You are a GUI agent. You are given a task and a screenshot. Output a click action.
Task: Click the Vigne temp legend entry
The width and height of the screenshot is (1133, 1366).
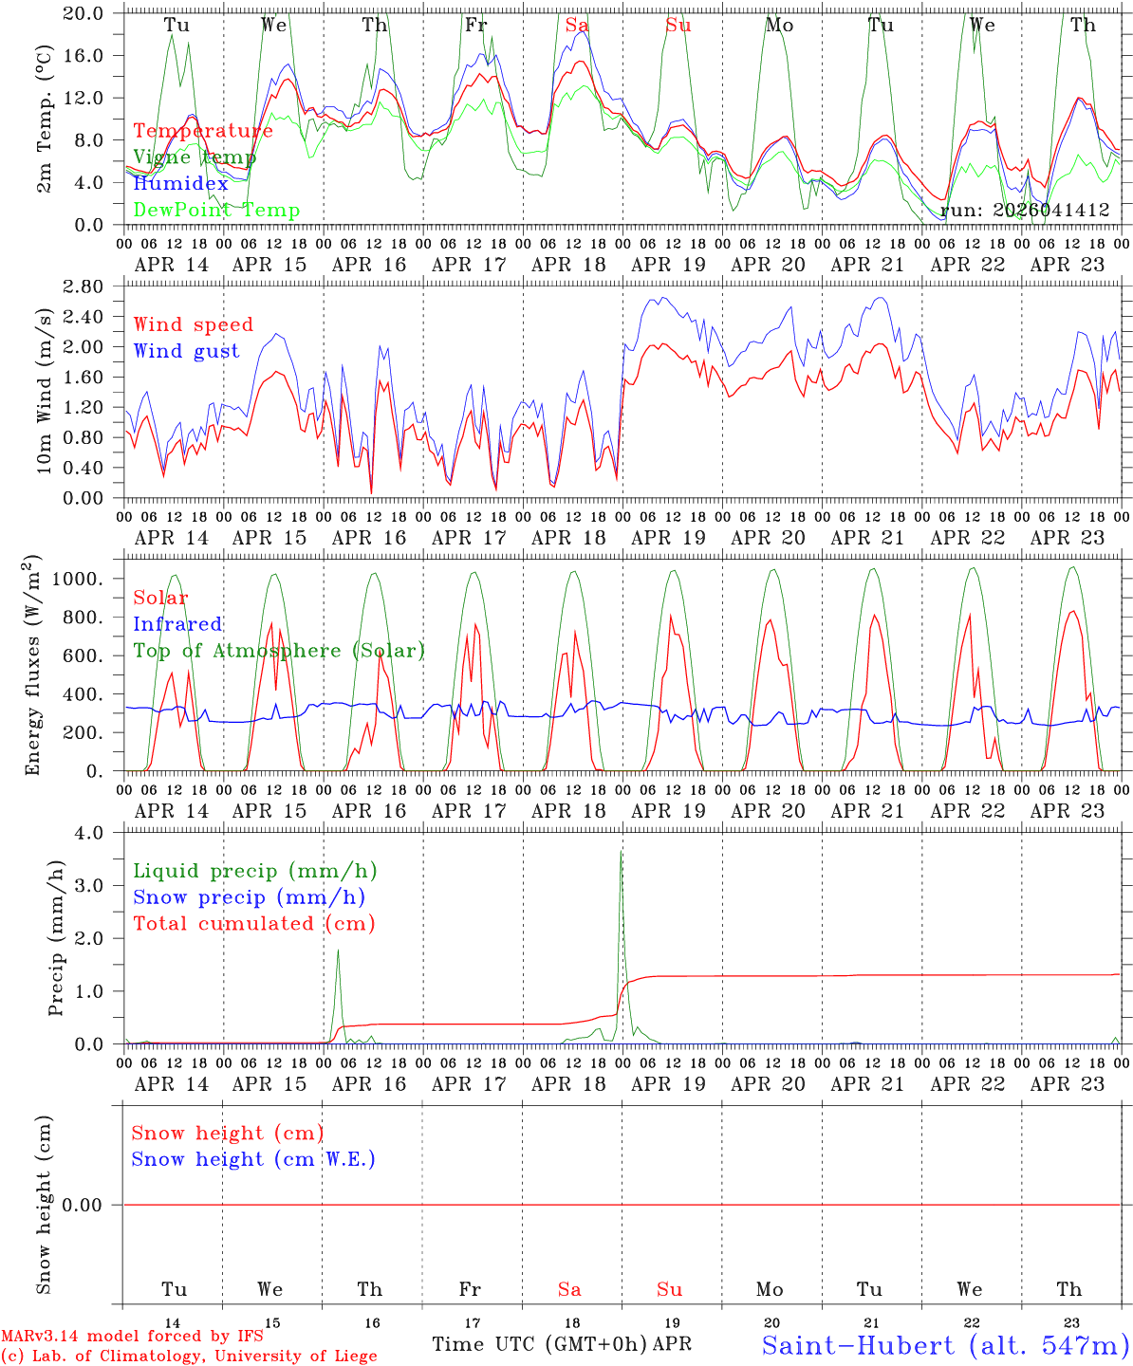pos(195,157)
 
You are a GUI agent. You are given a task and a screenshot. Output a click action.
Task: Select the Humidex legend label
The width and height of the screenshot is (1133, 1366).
pos(180,184)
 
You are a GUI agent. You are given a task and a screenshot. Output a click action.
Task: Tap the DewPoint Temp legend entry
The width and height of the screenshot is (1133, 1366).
pos(216,211)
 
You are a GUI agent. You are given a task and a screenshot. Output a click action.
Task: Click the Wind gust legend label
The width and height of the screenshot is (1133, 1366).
pos(186,351)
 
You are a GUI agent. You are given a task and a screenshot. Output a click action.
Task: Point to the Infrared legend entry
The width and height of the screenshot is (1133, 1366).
pos(177,624)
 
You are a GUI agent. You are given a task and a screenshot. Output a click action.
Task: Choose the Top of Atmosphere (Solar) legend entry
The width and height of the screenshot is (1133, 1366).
pos(279,651)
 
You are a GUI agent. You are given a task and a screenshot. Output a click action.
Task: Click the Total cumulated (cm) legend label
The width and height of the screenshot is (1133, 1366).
pos(253,924)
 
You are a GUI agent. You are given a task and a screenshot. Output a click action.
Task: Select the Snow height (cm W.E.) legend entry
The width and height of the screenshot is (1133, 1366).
pos(253,1159)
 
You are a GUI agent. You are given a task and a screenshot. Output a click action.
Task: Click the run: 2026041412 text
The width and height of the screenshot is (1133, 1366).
pos(1025,211)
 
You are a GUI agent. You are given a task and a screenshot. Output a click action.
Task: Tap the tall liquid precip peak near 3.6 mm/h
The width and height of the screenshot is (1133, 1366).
pos(622,852)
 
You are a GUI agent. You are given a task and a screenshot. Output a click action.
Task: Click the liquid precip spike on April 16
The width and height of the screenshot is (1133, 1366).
pos(338,951)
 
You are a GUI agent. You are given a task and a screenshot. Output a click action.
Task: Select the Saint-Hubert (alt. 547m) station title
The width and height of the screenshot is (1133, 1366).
pos(945,1345)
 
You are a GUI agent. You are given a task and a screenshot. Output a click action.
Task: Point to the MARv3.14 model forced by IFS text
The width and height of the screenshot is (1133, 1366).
pos(132,1337)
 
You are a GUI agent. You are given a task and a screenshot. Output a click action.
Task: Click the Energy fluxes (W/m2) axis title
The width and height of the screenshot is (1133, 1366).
pos(34,664)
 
